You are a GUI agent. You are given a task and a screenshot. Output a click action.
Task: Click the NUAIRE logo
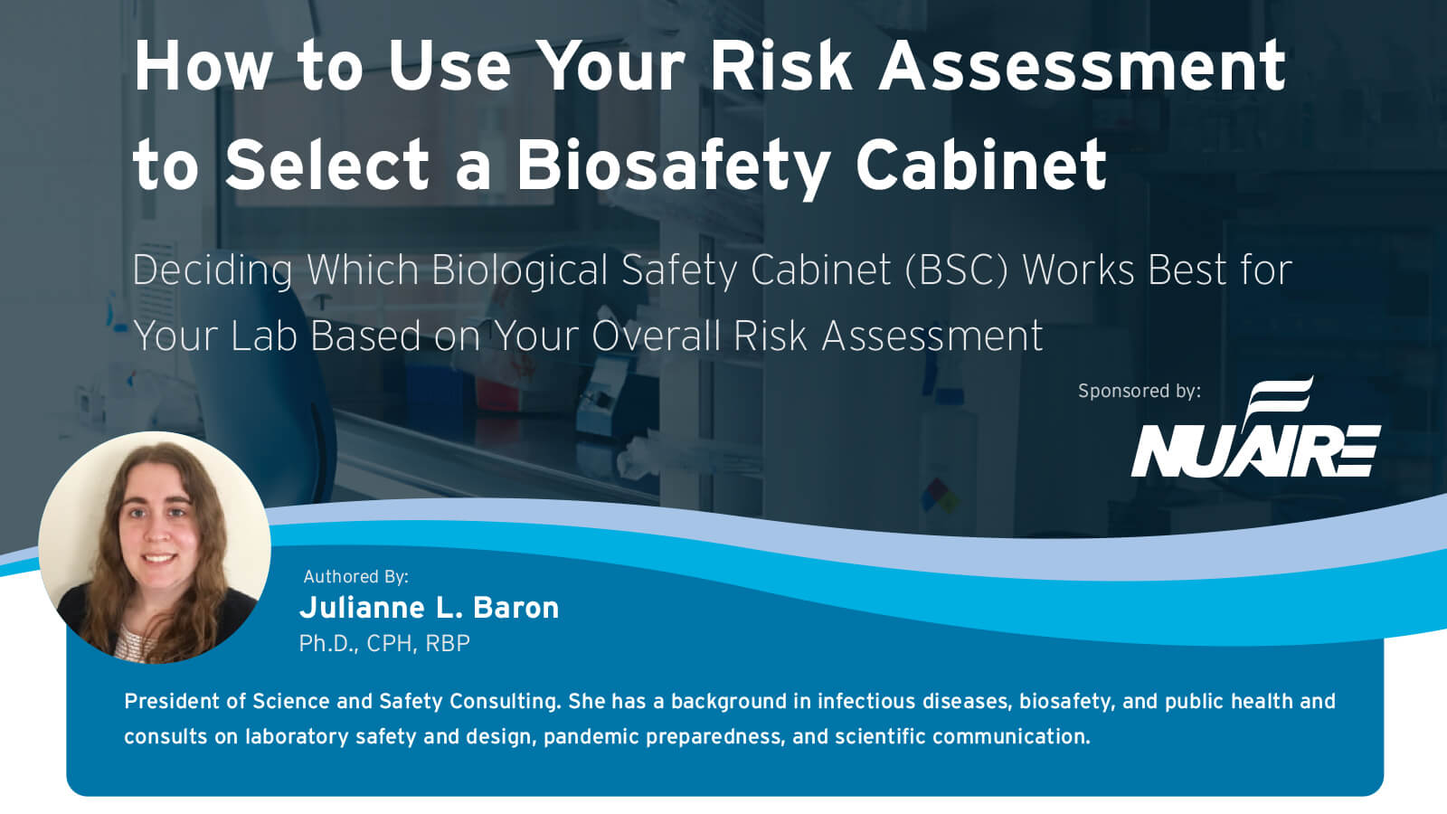pyautogui.click(x=1255, y=432)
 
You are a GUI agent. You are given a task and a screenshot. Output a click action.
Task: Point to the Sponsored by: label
pyautogui.click(x=1139, y=391)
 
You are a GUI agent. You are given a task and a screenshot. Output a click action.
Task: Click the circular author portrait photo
pyautogui.click(x=155, y=547)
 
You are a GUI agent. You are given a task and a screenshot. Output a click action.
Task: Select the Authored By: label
pyautogui.click(x=355, y=576)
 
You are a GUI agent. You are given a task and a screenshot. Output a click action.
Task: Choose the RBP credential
pyautogui.click(x=448, y=643)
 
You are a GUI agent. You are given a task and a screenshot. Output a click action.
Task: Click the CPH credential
pyautogui.click(x=391, y=643)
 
